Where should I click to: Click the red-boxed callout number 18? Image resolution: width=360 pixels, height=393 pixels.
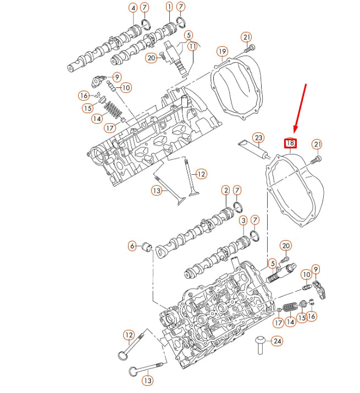[290, 144]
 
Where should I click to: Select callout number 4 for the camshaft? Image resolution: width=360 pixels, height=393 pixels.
[133, 8]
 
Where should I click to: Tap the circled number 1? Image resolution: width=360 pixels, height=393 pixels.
[169, 7]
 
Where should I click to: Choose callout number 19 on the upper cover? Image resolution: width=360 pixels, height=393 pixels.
[222, 52]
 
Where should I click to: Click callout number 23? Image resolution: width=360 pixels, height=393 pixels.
[257, 137]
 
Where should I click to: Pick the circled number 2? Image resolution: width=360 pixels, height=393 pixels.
[225, 190]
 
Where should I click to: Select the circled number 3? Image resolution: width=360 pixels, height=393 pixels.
[243, 220]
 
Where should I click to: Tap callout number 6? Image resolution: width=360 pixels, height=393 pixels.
[132, 246]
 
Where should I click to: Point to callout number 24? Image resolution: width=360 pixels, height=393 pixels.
[277, 341]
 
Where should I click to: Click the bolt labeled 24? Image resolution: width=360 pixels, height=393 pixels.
[259, 345]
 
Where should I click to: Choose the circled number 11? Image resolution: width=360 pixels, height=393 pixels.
[192, 47]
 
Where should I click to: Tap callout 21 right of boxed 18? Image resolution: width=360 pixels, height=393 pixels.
[317, 144]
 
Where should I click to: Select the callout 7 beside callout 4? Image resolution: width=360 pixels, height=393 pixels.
[145, 8]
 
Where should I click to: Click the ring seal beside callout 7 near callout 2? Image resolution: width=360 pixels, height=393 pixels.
[238, 206]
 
